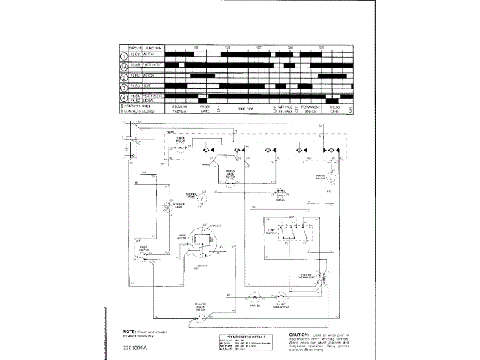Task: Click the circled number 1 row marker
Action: point(123,55)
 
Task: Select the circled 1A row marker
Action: point(123,65)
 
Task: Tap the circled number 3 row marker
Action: point(123,86)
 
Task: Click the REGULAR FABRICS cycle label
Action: point(179,109)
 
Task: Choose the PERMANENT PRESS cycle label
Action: point(311,109)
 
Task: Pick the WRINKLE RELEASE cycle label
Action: point(285,109)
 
